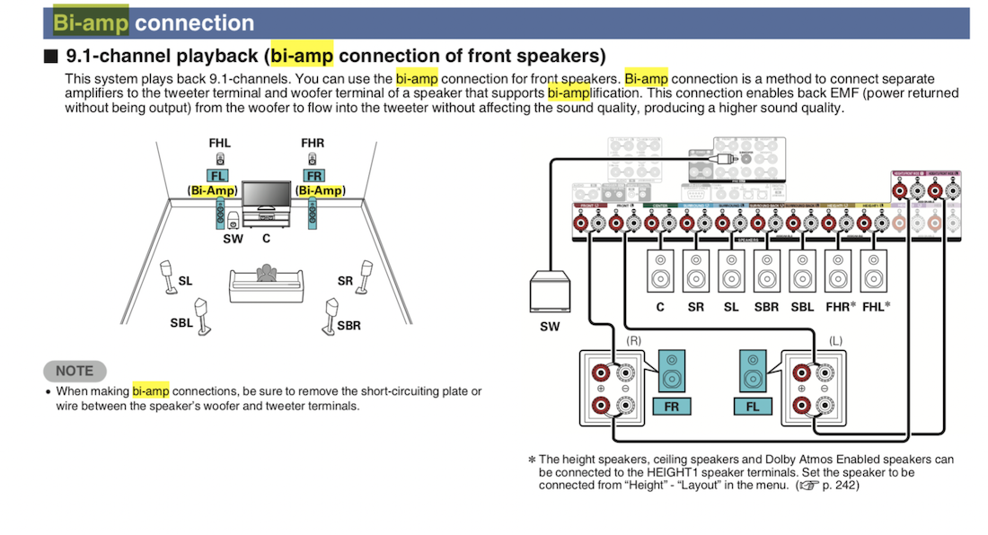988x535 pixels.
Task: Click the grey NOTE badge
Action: point(75,371)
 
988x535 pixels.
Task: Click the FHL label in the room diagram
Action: point(219,144)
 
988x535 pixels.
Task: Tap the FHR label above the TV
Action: point(313,144)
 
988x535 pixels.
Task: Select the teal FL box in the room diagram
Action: point(218,176)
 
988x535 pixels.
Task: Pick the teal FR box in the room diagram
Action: point(313,176)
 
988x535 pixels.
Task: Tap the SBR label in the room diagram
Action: point(349,325)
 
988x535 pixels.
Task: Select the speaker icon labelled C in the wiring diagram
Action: point(660,270)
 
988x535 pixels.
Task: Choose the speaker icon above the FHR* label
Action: point(838,270)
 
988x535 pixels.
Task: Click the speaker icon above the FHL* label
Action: point(874,270)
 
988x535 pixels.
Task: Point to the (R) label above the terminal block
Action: point(633,342)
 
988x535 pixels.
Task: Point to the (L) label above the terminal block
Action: point(835,342)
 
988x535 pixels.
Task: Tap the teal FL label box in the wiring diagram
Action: point(753,407)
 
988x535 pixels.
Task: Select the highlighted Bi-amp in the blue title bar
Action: point(90,22)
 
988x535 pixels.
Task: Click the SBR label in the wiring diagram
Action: point(766,306)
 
